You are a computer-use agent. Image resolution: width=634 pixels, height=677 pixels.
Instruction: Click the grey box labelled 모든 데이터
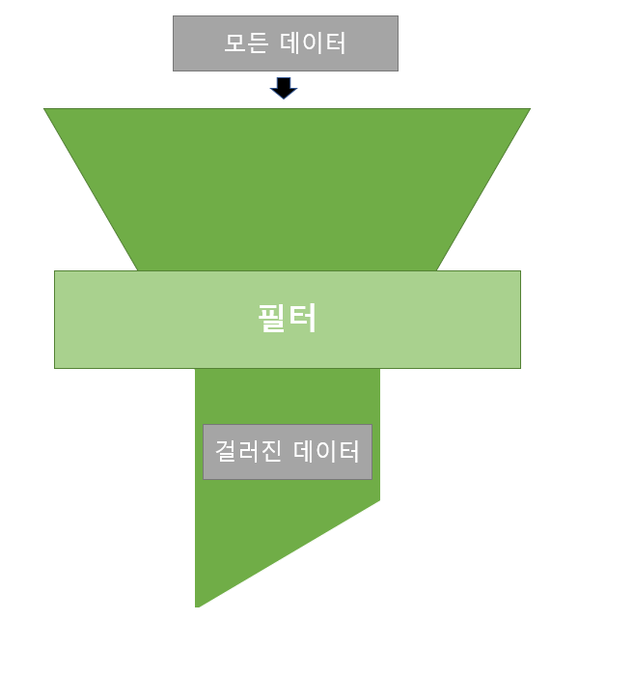coord(285,43)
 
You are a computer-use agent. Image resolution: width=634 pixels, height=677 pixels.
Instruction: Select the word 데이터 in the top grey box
coord(313,43)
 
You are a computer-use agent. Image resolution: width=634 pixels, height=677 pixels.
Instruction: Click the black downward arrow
coord(284,89)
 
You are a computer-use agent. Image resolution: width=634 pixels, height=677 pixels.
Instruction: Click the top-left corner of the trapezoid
coord(44,109)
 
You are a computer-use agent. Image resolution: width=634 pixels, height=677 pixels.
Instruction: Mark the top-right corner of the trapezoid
coord(530,109)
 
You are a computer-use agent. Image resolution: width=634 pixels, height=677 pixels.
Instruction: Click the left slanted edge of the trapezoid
coord(92,190)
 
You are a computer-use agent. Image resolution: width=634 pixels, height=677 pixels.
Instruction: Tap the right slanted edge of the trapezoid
coord(483,190)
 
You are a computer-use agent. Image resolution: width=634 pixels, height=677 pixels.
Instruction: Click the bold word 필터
coord(288,319)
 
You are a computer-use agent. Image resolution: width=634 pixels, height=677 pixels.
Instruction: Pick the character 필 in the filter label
coord(272,319)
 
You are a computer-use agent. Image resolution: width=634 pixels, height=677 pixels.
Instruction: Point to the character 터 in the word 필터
coord(303,319)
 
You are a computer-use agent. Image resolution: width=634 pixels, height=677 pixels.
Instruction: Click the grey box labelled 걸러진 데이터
coord(287,452)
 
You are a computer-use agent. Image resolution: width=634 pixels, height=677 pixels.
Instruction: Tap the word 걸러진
coord(244,452)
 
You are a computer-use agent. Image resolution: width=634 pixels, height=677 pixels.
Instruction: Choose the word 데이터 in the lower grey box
coord(327,452)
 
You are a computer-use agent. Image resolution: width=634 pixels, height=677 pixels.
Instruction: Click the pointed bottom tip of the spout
coord(197,606)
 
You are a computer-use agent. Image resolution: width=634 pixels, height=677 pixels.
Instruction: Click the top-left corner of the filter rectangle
coord(55,271)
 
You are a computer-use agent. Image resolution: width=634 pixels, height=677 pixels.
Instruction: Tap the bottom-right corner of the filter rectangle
coord(520,368)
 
